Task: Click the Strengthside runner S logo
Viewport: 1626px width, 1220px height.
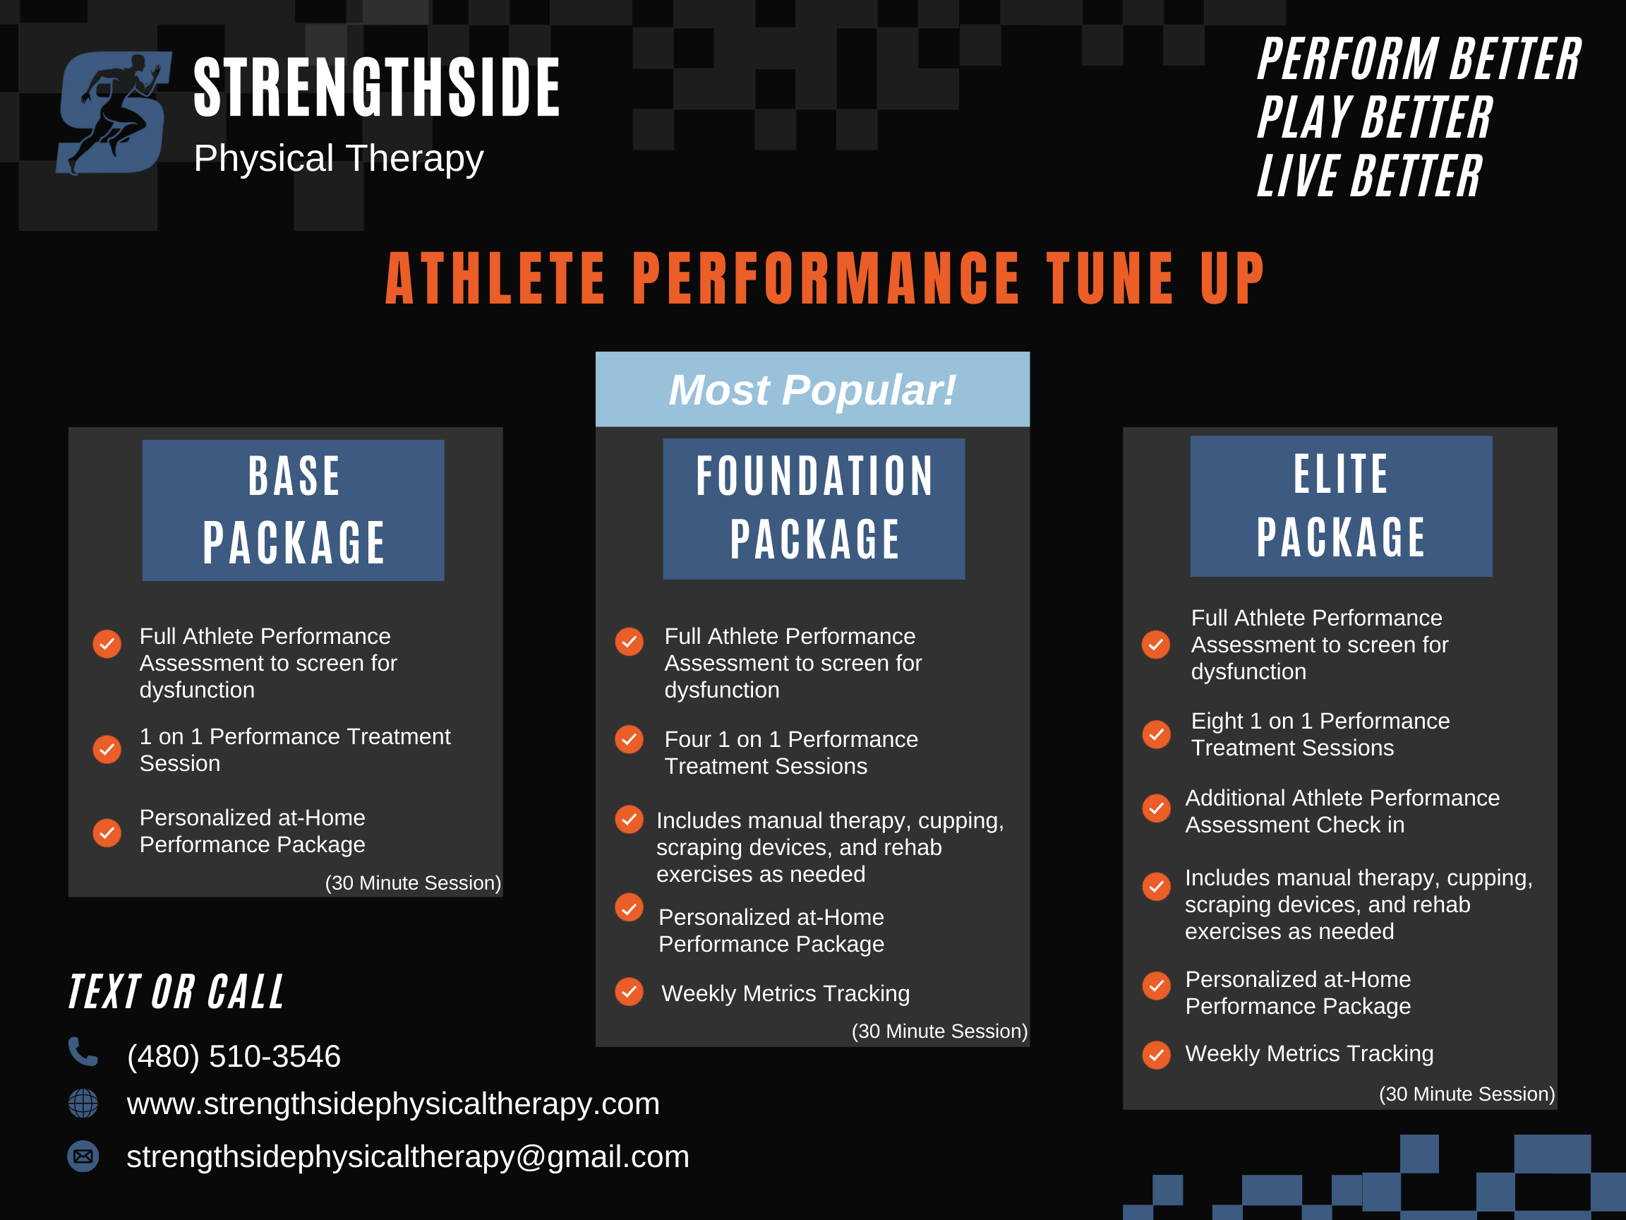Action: (114, 112)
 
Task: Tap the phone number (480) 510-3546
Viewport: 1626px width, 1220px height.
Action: (234, 1056)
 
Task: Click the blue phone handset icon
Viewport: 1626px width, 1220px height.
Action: (83, 1051)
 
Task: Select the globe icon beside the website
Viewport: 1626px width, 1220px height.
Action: (83, 1103)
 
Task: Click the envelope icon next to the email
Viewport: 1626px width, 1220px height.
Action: (83, 1156)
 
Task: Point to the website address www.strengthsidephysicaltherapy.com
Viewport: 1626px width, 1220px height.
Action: (393, 1104)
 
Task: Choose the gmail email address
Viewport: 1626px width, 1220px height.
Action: (408, 1156)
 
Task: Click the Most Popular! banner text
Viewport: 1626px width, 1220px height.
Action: (812, 390)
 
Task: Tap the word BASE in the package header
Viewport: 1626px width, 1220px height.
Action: (294, 476)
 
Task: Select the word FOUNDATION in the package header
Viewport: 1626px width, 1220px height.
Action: (814, 476)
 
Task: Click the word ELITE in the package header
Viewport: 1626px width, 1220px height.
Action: (1342, 474)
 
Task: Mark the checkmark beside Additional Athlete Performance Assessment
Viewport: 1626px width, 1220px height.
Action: (1156, 808)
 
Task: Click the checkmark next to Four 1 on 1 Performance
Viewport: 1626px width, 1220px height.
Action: (630, 739)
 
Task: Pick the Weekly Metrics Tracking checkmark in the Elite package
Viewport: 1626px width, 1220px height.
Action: (1156, 1055)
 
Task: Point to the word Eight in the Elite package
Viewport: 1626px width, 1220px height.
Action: (1217, 722)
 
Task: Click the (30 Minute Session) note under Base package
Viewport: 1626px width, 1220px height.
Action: (413, 883)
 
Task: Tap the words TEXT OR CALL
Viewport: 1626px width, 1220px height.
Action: (176, 991)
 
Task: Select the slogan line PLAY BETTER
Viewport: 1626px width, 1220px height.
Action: (1375, 118)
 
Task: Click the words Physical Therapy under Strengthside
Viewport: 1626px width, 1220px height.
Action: (338, 159)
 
